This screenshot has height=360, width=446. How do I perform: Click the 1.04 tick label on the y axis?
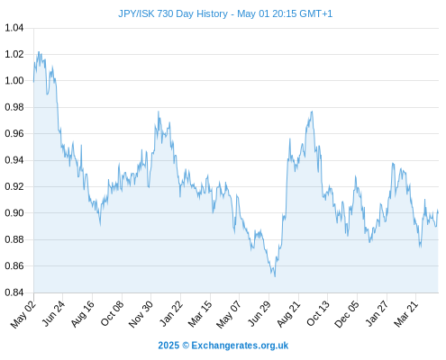coord(14,28)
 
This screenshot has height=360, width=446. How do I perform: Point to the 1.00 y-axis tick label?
coord(14,81)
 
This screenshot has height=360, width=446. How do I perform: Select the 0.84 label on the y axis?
coord(14,292)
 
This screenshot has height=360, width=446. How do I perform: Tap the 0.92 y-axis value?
coord(14,186)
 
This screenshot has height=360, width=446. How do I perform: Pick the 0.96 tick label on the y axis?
coord(14,133)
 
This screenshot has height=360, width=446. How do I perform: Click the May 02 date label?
coord(23,314)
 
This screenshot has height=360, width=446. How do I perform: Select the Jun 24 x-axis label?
coord(53,313)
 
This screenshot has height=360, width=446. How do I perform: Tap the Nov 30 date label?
coord(141,314)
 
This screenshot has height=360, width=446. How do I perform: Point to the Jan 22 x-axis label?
coord(171,313)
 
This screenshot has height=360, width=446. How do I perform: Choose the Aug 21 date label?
coord(288,314)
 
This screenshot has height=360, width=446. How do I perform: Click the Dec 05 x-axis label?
coord(347,314)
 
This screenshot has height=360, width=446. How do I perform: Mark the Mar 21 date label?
coord(406,314)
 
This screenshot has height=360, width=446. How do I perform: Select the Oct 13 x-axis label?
coord(318,313)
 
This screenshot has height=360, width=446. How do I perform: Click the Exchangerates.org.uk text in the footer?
coord(240,346)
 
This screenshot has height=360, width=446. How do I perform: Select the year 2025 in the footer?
coord(168,346)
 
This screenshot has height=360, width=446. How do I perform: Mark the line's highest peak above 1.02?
coord(39,52)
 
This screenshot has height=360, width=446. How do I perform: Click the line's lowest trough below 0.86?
coord(275,276)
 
